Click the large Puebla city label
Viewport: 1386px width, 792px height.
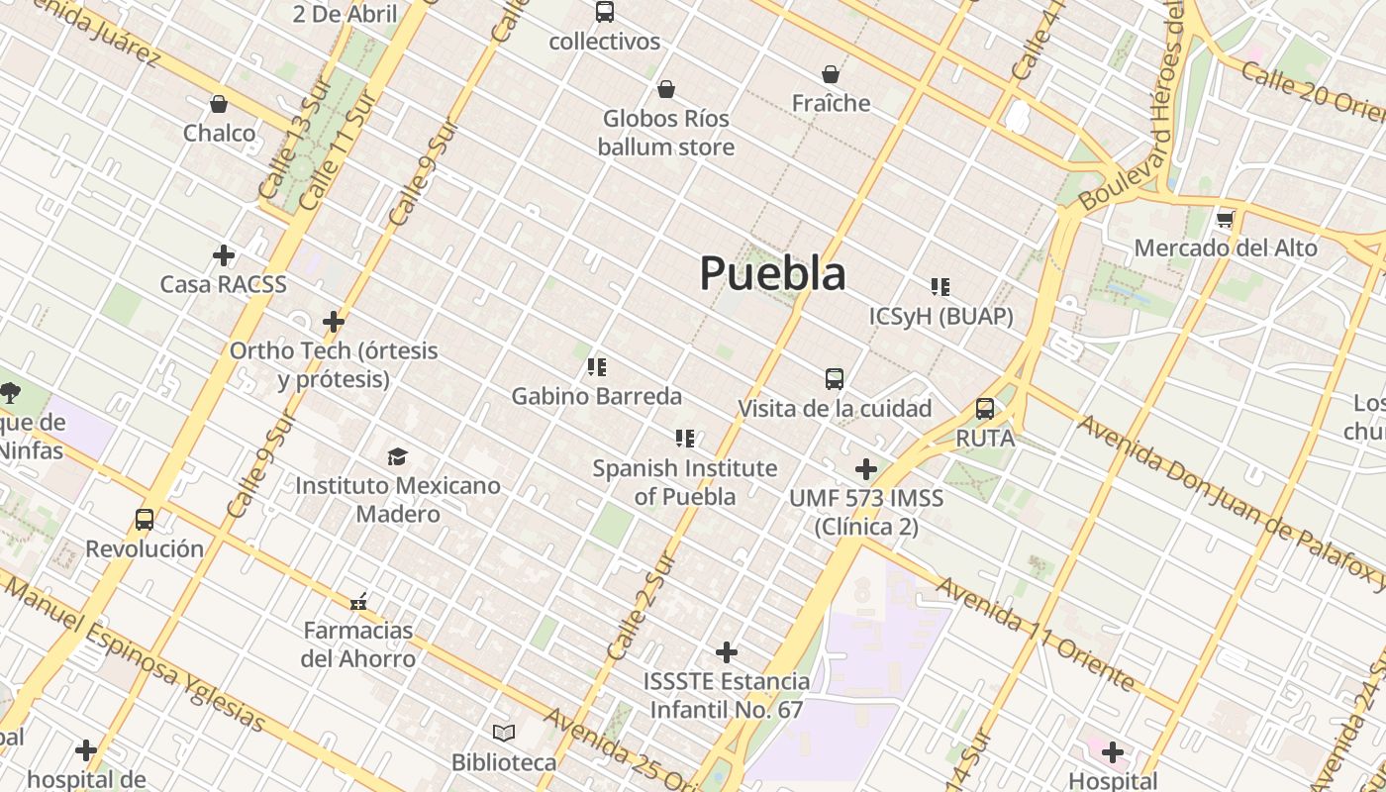point(772,273)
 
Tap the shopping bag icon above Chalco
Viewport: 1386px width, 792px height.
point(219,104)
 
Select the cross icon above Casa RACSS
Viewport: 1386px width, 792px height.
point(224,255)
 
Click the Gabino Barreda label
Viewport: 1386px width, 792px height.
point(596,396)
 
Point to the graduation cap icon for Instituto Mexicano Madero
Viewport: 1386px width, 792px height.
point(397,456)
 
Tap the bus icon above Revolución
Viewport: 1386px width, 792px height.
point(145,520)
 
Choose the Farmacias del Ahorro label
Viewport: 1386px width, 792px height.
point(358,644)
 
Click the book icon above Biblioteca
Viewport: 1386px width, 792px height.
point(504,734)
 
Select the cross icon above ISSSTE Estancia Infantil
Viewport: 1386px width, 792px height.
point(727,652)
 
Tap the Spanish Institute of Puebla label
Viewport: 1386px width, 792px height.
point(684,481)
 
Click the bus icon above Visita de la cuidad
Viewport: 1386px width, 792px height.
point(835,379)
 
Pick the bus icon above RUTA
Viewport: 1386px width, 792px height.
point(985,409)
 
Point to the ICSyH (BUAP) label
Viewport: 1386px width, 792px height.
point(940,316)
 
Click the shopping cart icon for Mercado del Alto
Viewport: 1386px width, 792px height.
point(1226,219)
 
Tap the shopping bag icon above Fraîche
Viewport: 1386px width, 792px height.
point(831,74)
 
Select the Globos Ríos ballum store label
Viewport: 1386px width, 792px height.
point(666,133)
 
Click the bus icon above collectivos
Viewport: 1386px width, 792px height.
point(605,13)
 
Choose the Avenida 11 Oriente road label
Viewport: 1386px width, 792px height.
point(1035,634)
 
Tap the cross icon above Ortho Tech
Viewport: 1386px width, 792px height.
point(334,322)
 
